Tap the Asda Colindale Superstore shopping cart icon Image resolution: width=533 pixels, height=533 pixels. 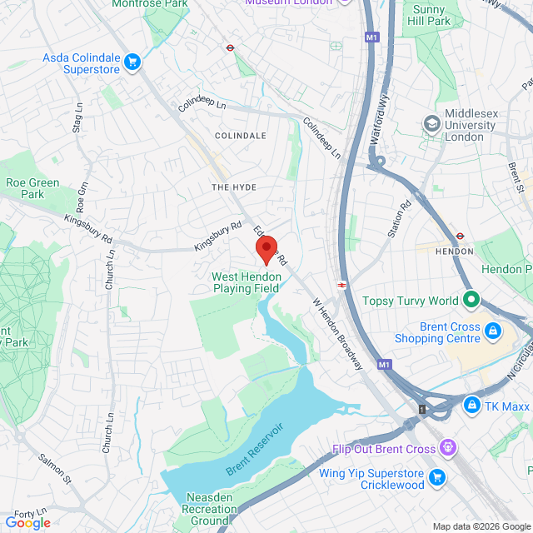[132, 62]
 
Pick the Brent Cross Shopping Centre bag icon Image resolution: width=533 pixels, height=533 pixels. [493, 332]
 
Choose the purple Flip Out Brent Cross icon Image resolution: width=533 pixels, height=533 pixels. [449, 449]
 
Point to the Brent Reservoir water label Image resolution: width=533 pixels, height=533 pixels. [253, 449]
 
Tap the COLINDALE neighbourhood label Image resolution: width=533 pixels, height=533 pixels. [241, 135]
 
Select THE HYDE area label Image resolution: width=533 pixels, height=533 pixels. [233, 187]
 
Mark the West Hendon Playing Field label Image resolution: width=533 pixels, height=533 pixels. [247, 282]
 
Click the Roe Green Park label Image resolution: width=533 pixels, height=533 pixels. [32, 188]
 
